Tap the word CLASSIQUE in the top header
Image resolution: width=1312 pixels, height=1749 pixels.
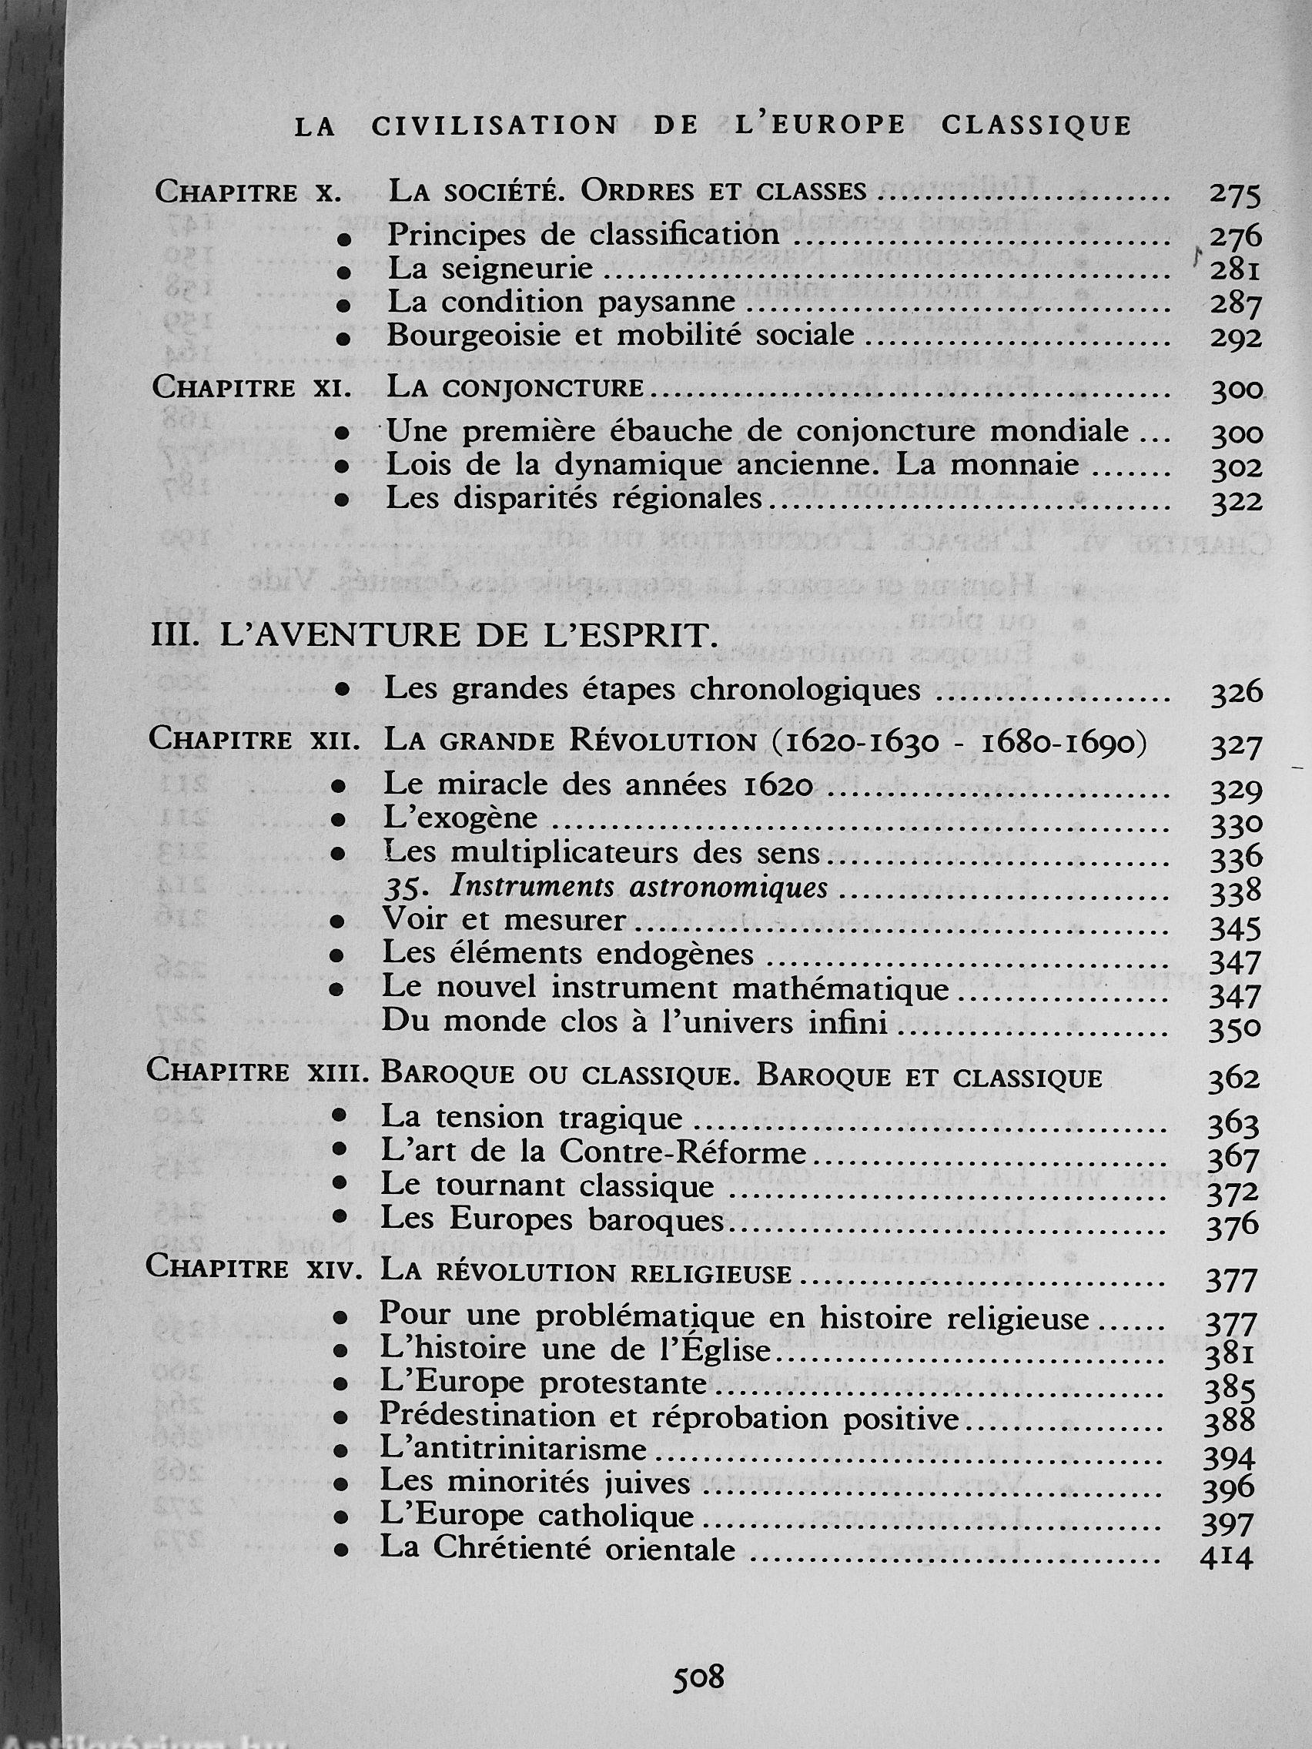click(x=1037, y=126)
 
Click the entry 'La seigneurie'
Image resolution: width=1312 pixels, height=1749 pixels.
click(x=490, y=269)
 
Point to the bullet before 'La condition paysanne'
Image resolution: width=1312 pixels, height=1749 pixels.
click(x=343, y=304)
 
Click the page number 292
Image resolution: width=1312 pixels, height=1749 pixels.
click(x=1235, y=339)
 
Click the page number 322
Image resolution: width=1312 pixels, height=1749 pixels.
click(x=1236, y=502)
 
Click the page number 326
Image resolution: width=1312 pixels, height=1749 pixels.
click(x=1236, y=694)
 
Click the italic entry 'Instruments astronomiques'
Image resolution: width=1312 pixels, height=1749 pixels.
click(x=638, y=888)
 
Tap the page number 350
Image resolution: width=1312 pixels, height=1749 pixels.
click(x=1233, y=1028)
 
